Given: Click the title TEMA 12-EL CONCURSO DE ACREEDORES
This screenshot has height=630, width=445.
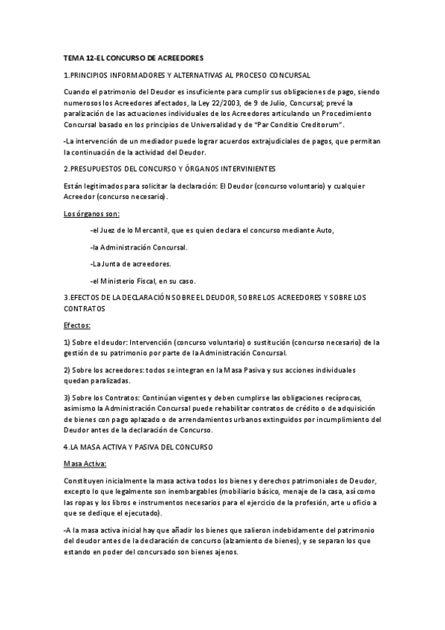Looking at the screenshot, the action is [134, 58].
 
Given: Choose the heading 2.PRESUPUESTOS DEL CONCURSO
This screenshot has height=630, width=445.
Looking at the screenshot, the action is [170, 169].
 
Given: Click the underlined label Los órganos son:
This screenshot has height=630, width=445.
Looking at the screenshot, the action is [86, 213].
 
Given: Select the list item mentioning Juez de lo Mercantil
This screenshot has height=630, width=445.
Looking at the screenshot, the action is [212, 230].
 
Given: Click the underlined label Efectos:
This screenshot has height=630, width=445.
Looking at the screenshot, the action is [77, 325].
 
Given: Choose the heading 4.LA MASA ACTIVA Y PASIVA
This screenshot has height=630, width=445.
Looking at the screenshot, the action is [139, 447].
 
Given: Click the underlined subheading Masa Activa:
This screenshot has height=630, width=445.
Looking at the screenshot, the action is [85, 464].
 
